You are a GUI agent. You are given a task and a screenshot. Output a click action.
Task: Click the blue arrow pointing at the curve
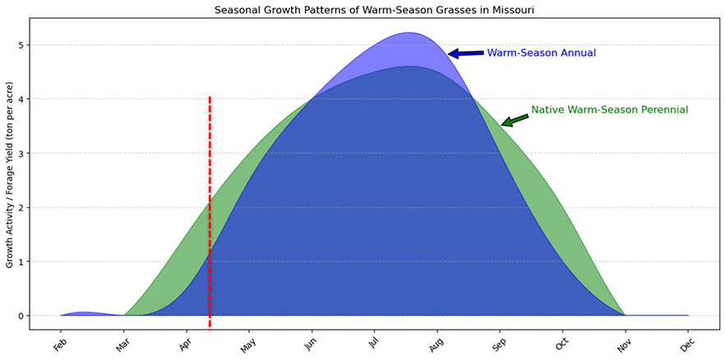point(464,53)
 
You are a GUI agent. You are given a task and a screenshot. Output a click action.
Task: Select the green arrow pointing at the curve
point(516,120)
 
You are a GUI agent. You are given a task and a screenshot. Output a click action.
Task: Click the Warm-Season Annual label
point(541,53)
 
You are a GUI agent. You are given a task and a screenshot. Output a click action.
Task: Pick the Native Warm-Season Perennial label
point(609,109)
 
